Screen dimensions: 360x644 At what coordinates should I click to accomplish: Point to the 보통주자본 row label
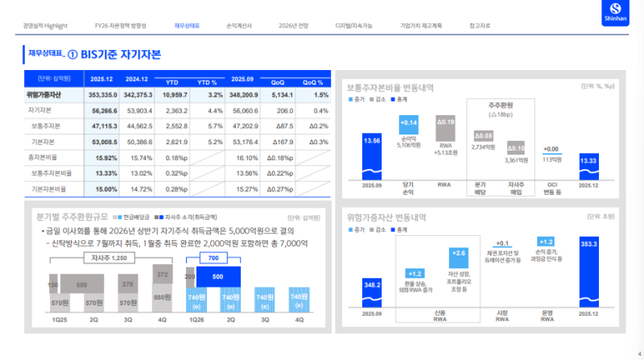pos(46,126)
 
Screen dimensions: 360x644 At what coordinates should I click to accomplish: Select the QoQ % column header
pos(313,81)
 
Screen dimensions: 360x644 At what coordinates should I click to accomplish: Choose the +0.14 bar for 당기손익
pos(408,124)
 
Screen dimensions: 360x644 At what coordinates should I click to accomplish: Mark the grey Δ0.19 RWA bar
pos(445,125)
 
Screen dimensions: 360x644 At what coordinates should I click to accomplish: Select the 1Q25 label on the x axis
pos(60,320)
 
